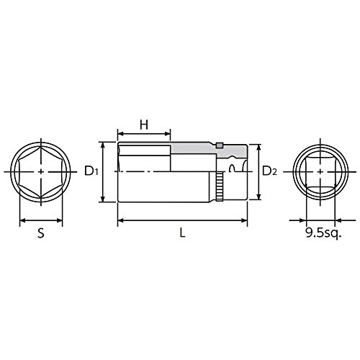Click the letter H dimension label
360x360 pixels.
[x=144, y=125]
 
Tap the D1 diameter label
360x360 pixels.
[x=91, y=171]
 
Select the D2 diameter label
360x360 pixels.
[x=269, y=171]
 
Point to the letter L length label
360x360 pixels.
[x=183, y=233]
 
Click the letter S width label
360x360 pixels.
[x=41, y=233]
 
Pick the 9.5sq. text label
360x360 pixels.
[x=323, y=233]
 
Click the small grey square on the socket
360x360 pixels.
[x=220, y=145]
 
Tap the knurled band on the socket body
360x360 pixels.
[x=220, y=186]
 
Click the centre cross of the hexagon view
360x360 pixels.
[x=41, y=171]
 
